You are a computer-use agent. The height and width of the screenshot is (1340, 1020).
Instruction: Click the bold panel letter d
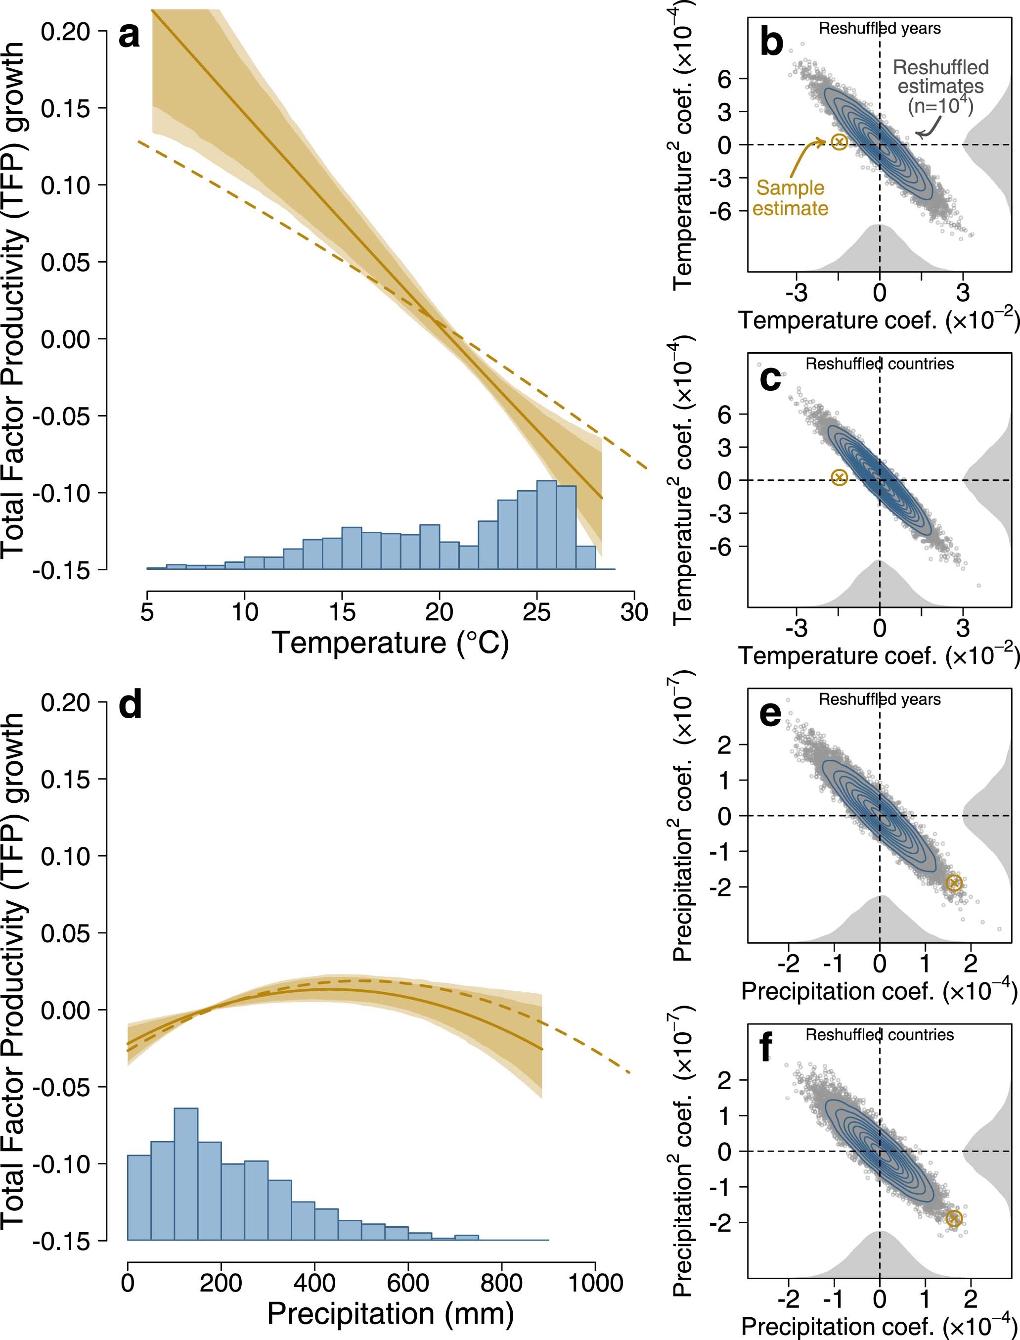pos(131,705)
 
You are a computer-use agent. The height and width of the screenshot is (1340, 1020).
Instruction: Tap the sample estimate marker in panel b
pos(839,141)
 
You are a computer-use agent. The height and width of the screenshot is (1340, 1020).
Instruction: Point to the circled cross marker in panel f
pos(954,1230)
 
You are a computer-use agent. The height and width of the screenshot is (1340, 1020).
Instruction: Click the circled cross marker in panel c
pos(839,477)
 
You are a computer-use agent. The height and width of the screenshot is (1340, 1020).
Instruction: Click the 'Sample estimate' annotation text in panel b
pos(790,198)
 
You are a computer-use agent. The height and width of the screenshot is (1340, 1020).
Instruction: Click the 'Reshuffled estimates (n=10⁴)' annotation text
pos(940,86)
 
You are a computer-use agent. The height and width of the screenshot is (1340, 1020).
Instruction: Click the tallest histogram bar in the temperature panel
pos(546,524)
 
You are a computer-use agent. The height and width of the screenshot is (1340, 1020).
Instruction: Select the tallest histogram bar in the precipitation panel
pos(186,1173)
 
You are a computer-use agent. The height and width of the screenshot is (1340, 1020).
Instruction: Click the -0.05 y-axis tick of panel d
pos(61,1087)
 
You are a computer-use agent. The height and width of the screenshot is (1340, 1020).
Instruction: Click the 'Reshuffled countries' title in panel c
pos(879,364)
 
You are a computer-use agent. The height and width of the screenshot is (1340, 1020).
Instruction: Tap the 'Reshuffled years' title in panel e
pos(879,699)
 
